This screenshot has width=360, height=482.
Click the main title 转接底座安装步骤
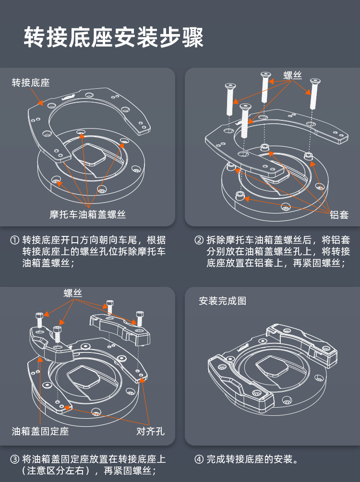pos(114,37)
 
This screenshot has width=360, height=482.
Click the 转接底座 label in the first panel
pos(31,82)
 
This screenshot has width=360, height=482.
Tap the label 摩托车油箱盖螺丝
pos(87,214)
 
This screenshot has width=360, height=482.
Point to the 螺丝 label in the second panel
pos(292,75)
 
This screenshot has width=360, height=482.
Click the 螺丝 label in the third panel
pos(73,293)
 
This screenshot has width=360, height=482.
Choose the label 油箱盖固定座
pos(40,431)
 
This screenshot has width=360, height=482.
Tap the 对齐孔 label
pos(150,431)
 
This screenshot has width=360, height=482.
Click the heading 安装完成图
pos(222,301)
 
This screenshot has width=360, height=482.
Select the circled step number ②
pos(199,240)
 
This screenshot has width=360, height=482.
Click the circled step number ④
pos(199,459)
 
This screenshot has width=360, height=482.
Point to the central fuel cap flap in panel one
pos(89,156)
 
